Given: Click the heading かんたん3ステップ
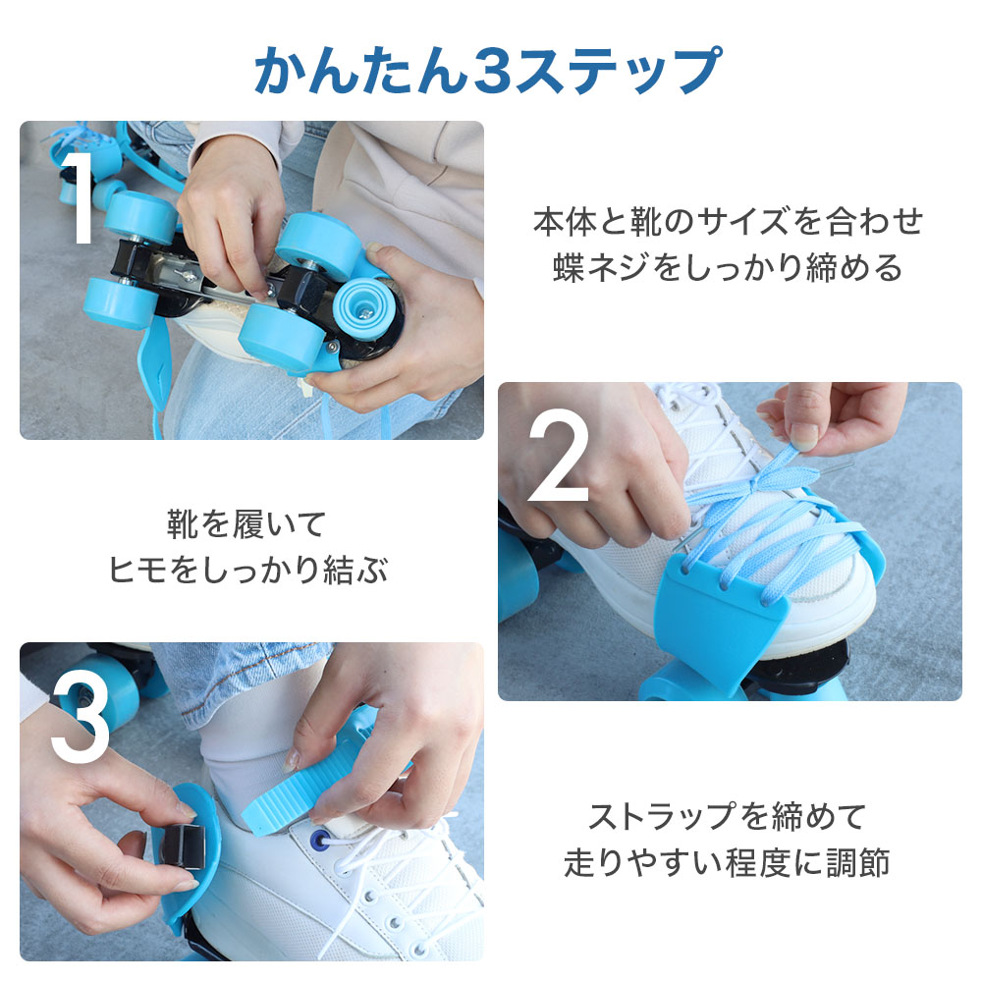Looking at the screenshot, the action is (x=488, y=70).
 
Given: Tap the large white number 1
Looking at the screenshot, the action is (x=81, y=196).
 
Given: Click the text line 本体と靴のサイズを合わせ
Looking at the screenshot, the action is (x=728, y=222).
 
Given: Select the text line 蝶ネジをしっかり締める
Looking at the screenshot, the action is (x=728, y=267).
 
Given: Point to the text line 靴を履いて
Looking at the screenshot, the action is (x=246, y=524).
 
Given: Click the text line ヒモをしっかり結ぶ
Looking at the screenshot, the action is (x=248, y=570).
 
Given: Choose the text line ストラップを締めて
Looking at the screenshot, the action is (x=728, y=816).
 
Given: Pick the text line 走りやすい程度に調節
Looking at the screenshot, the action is (x=727, y=862).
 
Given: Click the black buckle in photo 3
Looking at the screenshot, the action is (x=182, y=846).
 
